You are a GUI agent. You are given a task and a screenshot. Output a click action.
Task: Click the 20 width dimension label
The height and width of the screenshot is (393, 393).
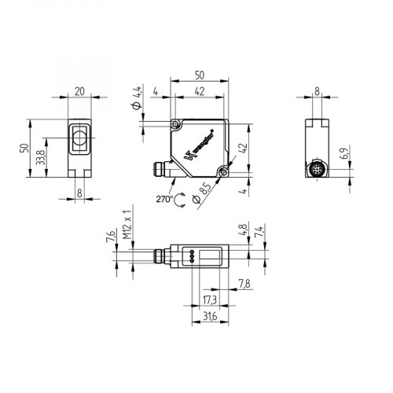(x=79, y=91)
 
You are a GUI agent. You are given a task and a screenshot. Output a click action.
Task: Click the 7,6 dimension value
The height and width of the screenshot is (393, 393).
(x=108, y=238)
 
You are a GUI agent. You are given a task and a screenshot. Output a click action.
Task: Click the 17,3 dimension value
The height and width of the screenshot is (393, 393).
(x=208, y=300)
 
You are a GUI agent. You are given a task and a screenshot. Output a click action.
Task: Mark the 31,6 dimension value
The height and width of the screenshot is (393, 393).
(x=208, y=317)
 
